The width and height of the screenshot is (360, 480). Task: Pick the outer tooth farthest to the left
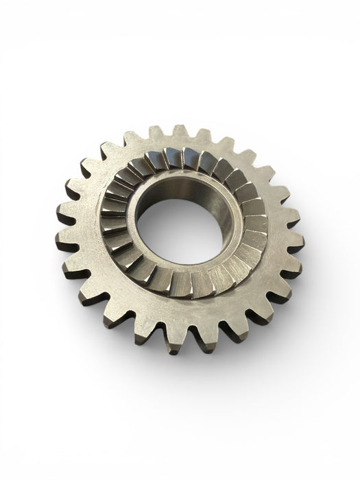pyautogui.click(x=64, y=237)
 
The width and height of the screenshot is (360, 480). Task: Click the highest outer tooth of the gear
pyautogui.click(x=180, y=132)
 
